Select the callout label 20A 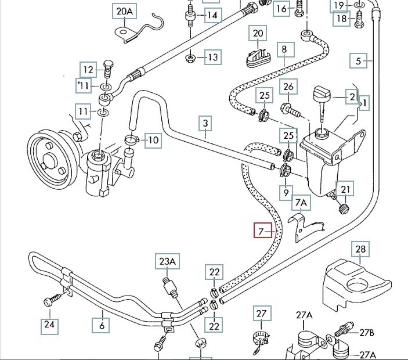point(124,12)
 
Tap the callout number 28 point(360,250)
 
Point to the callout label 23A point(167,262)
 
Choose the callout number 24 point(49,325)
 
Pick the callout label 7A point(301,202)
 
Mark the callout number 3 point(205,123)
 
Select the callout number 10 point(152,140)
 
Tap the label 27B point(366,333)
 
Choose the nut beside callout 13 point(192,57)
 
